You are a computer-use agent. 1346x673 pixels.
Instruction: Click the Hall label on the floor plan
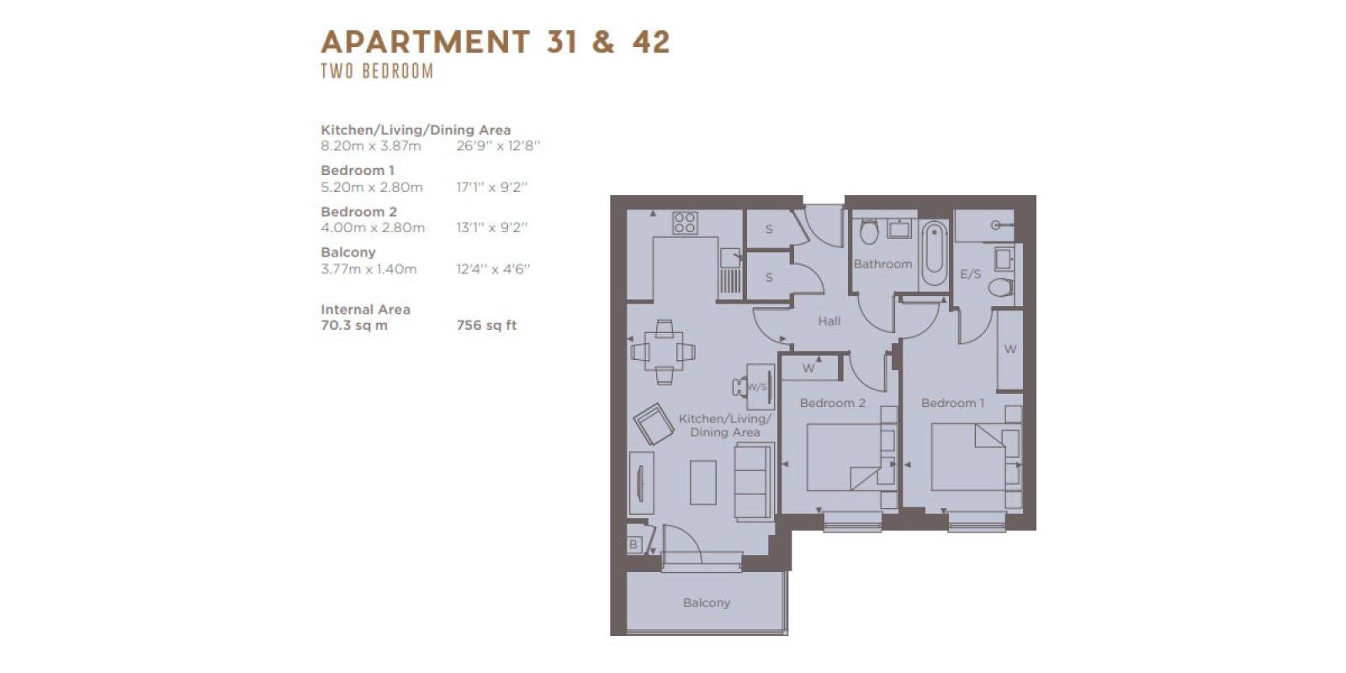click(x=829, y=321)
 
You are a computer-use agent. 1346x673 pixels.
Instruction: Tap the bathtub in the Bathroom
click(x=935, y=254)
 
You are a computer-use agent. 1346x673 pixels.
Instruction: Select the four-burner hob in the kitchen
click(x=685, y=223)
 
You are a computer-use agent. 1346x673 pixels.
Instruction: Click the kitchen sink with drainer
click(x=731, y=271)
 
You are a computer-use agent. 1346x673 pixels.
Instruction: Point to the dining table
click(x=664, y=352)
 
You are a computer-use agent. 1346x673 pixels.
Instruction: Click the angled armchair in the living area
click(x=653, y=424)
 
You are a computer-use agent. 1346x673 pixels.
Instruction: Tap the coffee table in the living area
click(x=703, y=482)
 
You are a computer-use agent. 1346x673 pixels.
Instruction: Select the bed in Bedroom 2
click(x=845, y=458)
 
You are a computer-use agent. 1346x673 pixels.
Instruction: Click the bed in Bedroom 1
click(x=968, y=458)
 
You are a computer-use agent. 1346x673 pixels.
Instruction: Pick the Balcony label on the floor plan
click(x=706, y=602)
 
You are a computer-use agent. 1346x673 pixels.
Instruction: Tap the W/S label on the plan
click(x=757, y=387)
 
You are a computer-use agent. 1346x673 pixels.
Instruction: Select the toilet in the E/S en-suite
click(x=1001, y=287)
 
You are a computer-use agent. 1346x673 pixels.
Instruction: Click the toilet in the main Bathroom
click(x=869, y=232)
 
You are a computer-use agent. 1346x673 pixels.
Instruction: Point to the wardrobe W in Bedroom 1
click(x=1010, y=349)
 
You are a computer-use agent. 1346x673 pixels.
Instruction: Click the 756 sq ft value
click(x=486, y=325)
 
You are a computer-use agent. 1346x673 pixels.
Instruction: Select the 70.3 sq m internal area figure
click(x=354, y=325)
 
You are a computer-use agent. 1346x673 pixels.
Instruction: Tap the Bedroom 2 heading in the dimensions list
click(x=358, y=211)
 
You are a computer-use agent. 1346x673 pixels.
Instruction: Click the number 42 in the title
click(x=651, y=42)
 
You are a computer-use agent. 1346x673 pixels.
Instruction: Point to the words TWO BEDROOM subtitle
click(x=377, y=71)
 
